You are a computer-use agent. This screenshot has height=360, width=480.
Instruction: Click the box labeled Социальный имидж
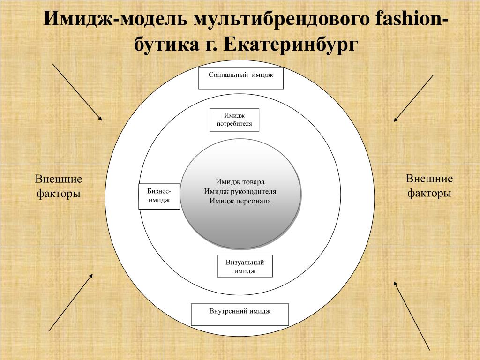241,78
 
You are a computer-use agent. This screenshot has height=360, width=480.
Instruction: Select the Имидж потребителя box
234,120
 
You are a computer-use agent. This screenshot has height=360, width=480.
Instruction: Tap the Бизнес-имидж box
159,196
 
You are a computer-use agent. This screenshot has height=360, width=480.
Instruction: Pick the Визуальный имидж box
245,266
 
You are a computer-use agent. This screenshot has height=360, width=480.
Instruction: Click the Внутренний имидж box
240,315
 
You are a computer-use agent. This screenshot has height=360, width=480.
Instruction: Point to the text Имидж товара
240,182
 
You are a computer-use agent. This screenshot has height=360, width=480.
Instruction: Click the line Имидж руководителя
240,192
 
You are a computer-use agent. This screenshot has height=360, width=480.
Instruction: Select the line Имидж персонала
240,201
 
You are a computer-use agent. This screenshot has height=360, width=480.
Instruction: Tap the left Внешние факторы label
59,186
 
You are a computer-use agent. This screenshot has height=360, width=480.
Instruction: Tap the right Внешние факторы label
429,186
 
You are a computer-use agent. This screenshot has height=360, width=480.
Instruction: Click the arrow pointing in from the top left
77,92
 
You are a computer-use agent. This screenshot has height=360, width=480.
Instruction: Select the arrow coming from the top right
413,98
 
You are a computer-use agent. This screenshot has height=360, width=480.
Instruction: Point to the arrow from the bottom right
412,315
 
